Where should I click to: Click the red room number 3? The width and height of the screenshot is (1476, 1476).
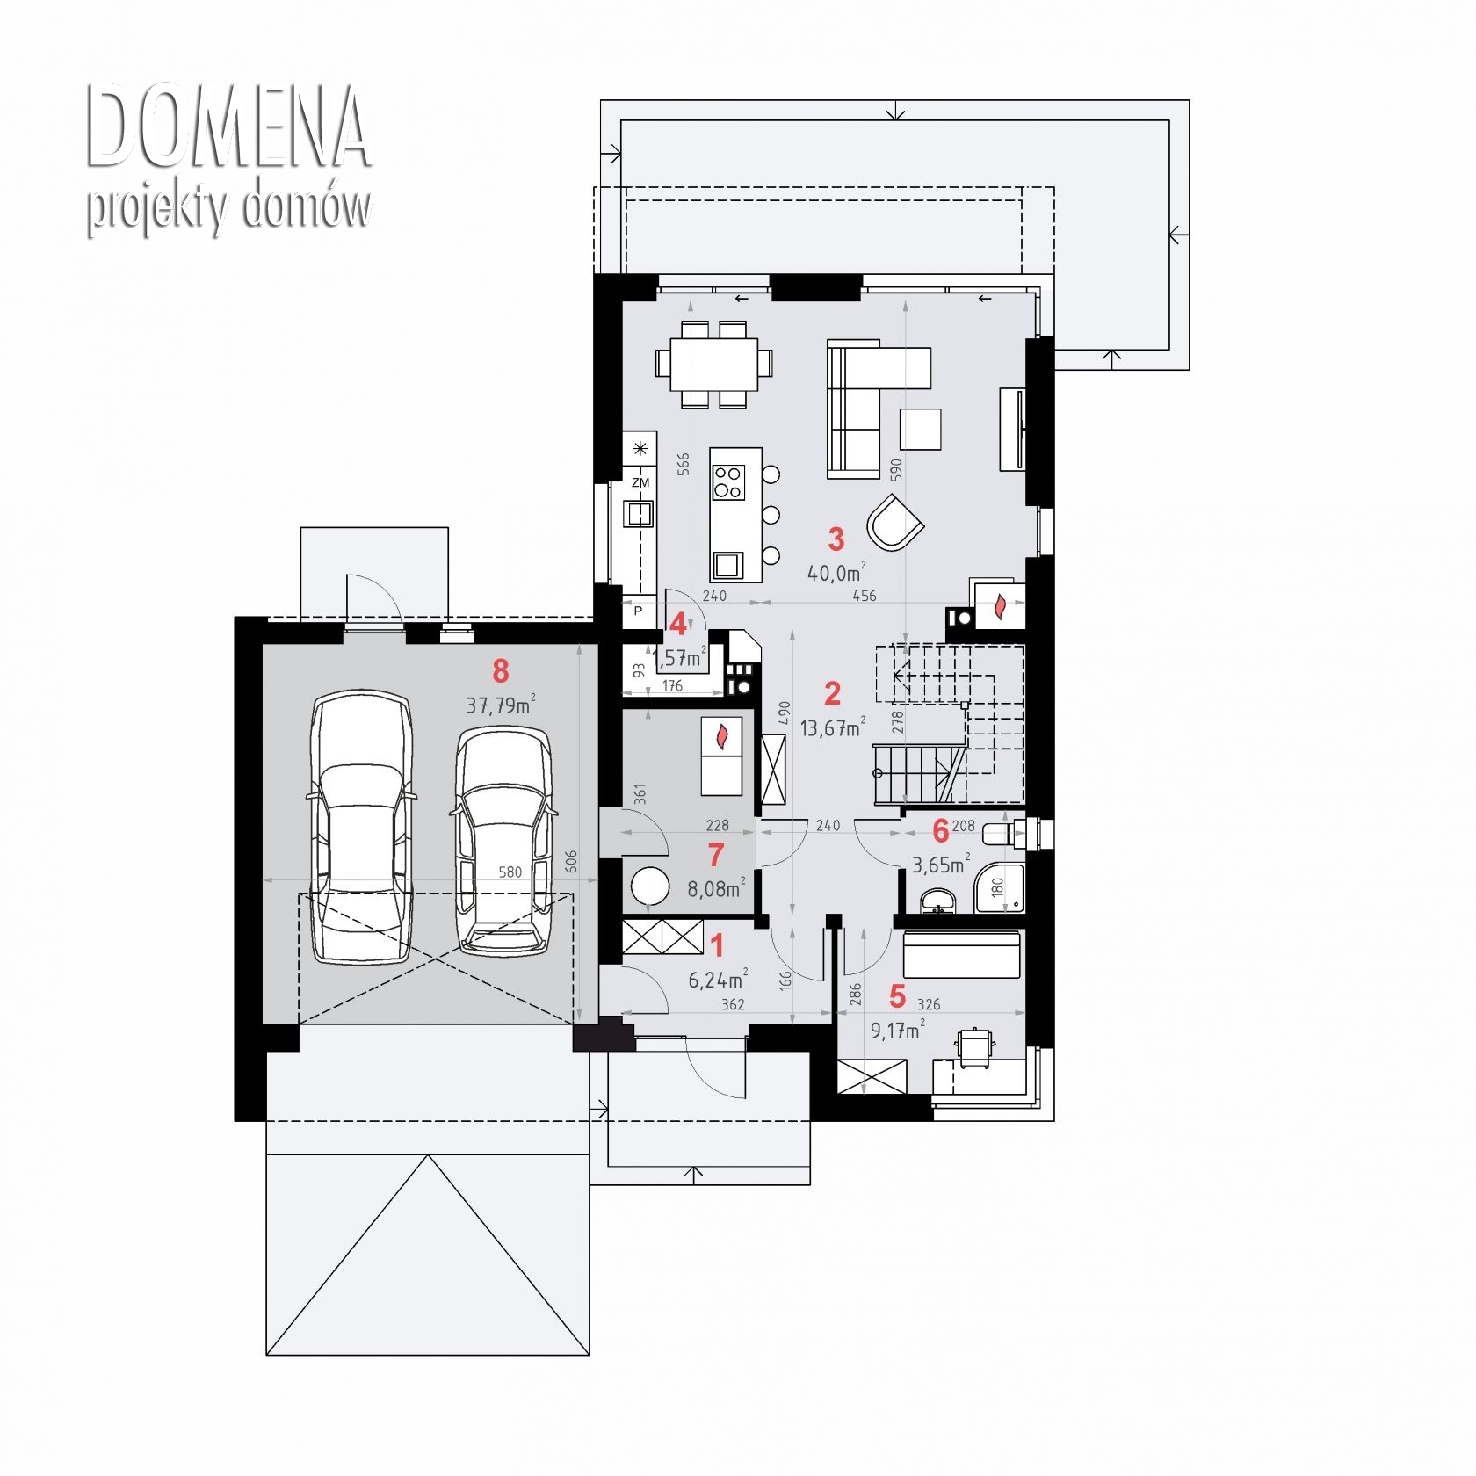836,539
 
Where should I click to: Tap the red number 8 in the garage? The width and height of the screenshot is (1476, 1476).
500,671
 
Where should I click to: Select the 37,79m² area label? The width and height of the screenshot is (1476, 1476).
501,704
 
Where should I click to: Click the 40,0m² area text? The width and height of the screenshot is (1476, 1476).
836,572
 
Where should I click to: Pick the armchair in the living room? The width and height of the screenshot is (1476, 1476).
894,522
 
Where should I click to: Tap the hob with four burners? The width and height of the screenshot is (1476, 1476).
728,481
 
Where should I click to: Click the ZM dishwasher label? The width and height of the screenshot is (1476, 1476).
640,482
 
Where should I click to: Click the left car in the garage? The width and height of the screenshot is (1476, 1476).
361,826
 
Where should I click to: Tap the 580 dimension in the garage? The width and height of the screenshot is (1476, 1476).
510,872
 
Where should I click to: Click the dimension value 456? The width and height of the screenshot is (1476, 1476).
865,596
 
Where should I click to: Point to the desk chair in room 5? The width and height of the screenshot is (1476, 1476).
973,1048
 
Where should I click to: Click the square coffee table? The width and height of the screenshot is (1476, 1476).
920,430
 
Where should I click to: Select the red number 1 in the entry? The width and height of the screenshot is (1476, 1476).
717,945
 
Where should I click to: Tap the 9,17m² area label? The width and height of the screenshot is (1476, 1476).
897,1030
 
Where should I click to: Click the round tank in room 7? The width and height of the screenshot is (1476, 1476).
650,886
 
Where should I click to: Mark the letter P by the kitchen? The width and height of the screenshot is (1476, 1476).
639,611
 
